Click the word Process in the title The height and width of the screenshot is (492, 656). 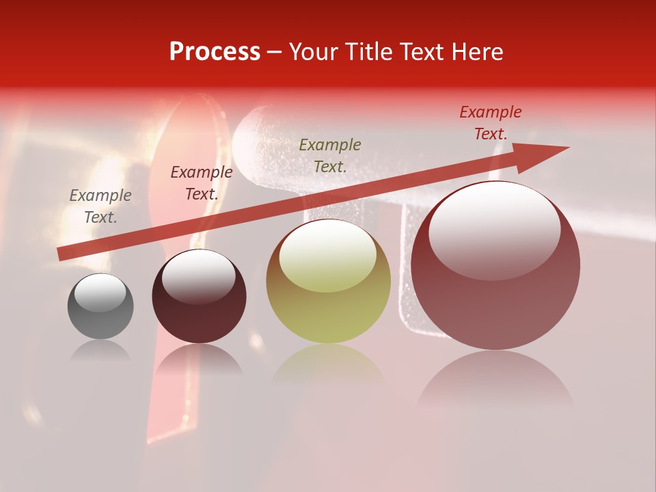(215, 52)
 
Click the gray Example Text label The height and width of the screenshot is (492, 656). (100, 206)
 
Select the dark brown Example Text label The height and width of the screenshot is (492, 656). (202, 183)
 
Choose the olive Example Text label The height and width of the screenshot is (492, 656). (330, 155)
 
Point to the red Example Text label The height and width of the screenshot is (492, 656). (491, 123)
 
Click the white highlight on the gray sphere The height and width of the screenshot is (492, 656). (100, 292)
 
